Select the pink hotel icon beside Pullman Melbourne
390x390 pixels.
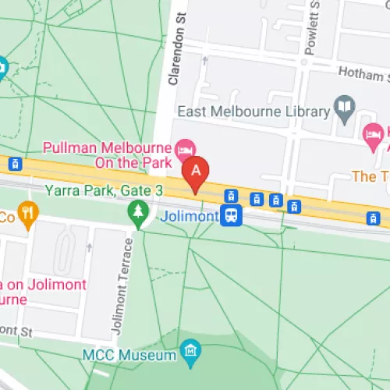click(186, 147)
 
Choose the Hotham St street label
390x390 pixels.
click(363, 73)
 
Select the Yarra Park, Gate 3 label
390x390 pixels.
click(87, 190)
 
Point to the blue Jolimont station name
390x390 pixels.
click(189, 215)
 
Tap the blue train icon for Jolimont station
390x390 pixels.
click(231, 215)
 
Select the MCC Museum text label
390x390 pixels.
click(129, 355)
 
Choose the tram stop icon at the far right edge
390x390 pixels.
click(374, 218)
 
